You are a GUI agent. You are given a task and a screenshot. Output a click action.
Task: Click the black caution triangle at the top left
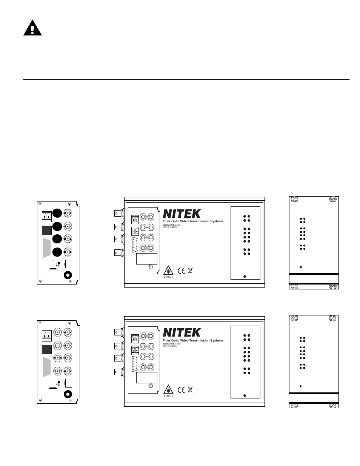point(32,29)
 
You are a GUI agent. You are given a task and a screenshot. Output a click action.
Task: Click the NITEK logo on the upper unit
point(182,214)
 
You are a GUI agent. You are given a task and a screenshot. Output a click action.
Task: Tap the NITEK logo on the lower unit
point(182,332)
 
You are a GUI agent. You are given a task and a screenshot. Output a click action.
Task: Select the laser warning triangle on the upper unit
point(168,271)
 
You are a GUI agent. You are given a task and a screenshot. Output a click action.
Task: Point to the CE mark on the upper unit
point(181,271)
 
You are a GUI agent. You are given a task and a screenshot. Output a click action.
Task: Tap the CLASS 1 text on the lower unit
point(168,396)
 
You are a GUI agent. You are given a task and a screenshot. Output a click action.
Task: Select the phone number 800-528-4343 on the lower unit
point(170,346)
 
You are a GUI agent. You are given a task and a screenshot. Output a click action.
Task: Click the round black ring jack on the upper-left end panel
point(68,275)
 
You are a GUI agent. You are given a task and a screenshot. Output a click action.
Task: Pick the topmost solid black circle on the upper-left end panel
point(57,213)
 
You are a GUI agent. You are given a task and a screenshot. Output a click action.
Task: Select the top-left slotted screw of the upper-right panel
point(295,199)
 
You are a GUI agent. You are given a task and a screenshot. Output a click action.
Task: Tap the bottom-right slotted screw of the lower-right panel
point(333,406)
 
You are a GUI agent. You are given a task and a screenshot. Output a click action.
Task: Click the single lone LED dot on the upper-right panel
point(301,267)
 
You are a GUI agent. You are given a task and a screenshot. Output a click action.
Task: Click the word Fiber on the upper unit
point(166,221)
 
